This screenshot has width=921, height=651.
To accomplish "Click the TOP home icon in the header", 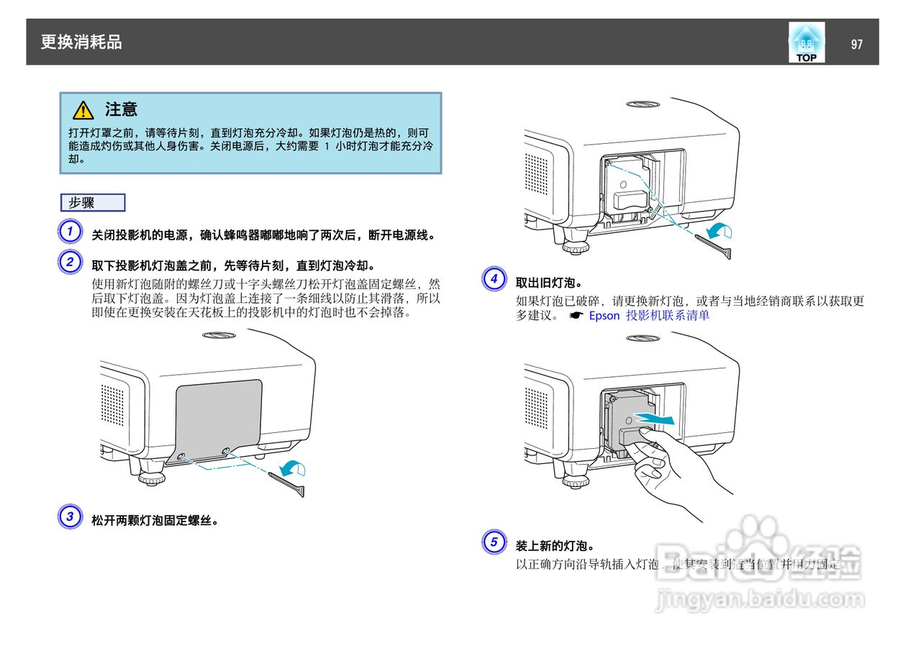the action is coord(806,42).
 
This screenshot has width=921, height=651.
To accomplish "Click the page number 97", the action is coord(856,44).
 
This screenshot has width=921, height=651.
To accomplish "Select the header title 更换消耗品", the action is coord(81,42).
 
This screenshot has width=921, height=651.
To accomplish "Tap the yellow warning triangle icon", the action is coord(83,110).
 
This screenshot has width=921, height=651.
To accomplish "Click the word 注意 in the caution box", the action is coord(121,109).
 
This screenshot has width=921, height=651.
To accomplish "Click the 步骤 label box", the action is coord(92,203).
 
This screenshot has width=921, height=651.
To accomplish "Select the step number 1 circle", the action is coord(70,232).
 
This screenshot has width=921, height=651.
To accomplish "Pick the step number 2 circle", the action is coord(70,262).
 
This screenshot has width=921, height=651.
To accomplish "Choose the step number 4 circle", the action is coord(494,279).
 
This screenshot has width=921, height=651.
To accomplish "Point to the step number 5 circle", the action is coord(494,542).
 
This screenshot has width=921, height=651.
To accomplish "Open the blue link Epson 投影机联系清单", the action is coord(649,315).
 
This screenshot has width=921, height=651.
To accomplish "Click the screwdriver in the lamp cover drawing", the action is coord(288,482).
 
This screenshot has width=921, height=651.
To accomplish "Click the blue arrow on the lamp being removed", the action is coord(658,419).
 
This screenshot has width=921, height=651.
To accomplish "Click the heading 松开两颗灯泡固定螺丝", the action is coord(155,519).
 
